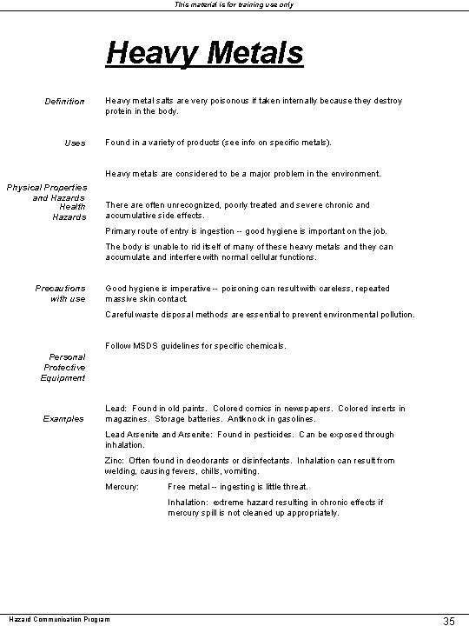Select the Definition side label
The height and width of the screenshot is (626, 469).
[x=65, y=102]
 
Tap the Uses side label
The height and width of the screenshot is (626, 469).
[x=76, y=143]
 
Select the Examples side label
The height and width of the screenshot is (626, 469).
[x=64, y=418]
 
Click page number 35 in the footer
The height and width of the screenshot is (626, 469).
[x=450, y=621]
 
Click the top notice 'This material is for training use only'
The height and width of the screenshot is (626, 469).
[x=234, y=5]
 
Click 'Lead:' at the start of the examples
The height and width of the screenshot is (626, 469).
[x=116, y=409]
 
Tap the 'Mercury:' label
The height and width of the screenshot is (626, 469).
[x=122, y=486]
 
